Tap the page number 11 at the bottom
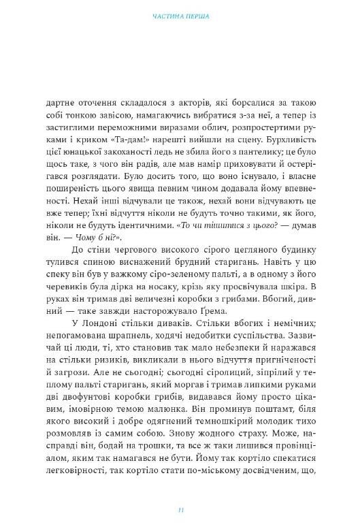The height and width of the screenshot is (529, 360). point(180,509)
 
